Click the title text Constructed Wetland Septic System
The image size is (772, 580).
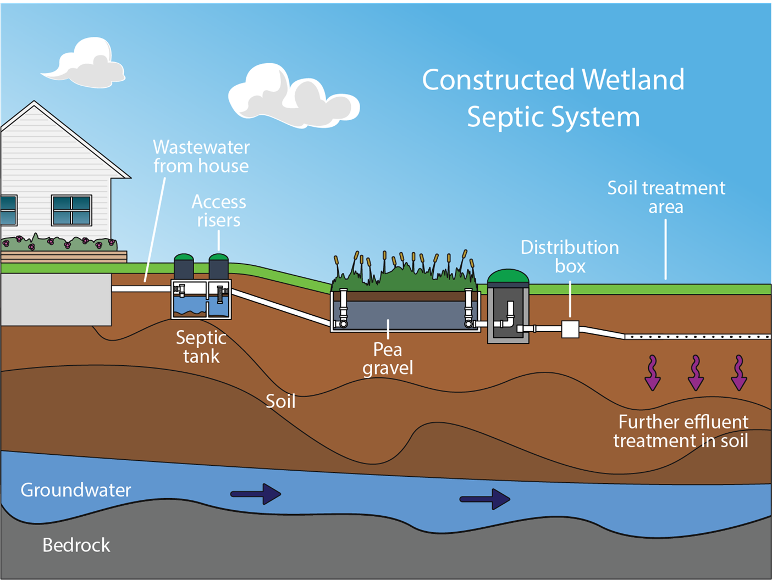pyautogui.click(x=553, y=98)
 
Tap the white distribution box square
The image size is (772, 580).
pyautogui.click(x=570, y=329)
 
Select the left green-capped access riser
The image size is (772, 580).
pyautogui.click(x=184, y=266)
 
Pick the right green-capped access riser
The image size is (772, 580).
pyautogui.click(x=219, y=266)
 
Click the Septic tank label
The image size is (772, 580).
pyautogui.click(x=201, y=347)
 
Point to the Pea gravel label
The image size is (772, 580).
pyautogui.click(x=388, y=358)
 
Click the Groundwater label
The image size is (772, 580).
pyautogui.click(x=76, y=489)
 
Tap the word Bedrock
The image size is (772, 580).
pyautogui.click(x=76, y=545)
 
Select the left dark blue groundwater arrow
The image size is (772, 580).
pyautogui.click(x=256, y=494)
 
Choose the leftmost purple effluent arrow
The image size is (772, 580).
pyautogui.click(x=653, y=373)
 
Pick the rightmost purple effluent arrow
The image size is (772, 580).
pyautogui.click(x=739, y=373)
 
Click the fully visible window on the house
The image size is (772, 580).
pyautogui.click(x=71, y=210)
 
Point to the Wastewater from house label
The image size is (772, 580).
pyautogui.click(x=201, y=157)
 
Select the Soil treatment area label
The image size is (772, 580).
pyautogui.click(x=666, y=197)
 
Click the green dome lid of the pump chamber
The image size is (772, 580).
pyautogui.click(x=508, y=277)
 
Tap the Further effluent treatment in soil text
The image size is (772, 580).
pyautogui.click(x=682, y=431)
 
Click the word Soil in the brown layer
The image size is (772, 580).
pyautogui.click(x=280, y=401)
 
